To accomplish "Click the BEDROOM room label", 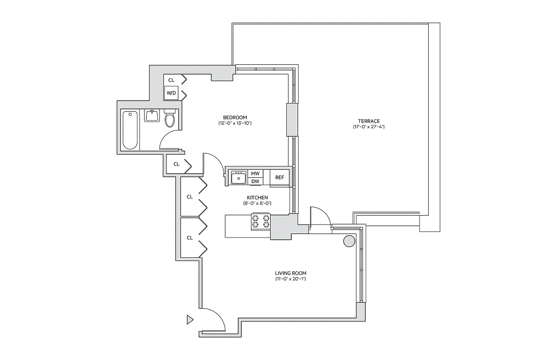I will pyautogui.click(x=234, y=117).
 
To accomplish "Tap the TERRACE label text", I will pyautogui.click(x=369, y=121).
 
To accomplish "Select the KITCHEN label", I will pyautogui.click(x=257, y=198).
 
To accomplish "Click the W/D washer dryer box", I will pyautogui.click(x=171, y=93).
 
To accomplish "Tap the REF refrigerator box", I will pyautogui.click(x=280, y=177).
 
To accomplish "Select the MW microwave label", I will pyautogui.click(x=255, y=173).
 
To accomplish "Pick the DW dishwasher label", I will pyautogui.click(x=255, y=181).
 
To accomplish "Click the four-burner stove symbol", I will pyautogui.click(x=261, y=221).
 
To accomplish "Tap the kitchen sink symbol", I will pyautogui.click(x=238, y=178).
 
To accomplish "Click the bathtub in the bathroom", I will pyautogui.click(x=130, y=130).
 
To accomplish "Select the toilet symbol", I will pyautogui.click(x=170, y=118).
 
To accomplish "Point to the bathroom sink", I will pyautogui.click(x=152, y=116).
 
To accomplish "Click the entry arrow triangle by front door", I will pyautogui.click(x=190, y=320).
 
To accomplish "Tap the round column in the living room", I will pyautogui.click(x=349, y=241).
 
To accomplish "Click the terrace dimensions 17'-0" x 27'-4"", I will pyautogui.click(x=369, y=127).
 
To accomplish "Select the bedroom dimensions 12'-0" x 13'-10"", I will pyautogui.click(x=234, y=123).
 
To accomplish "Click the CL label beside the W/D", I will pyautogui.click(x=171, y=80).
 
